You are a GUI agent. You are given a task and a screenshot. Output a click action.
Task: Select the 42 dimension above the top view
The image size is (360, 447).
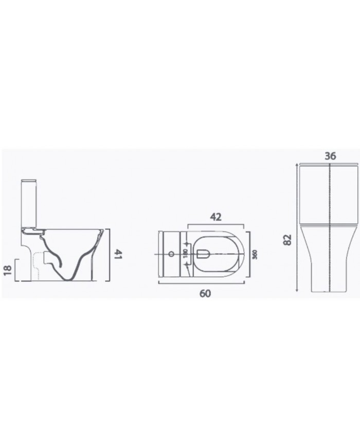tap(215, 217)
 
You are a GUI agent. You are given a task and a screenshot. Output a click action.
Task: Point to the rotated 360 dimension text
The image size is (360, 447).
tap(254, 255)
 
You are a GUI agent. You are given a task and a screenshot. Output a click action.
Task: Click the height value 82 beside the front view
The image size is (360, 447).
tap(287, 239)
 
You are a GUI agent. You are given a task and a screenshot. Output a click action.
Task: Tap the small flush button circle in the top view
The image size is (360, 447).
tap(170, 255)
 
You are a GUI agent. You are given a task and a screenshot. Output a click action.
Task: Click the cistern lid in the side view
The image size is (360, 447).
tap(29, 181)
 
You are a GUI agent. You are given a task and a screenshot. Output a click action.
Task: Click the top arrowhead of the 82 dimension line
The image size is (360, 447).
tap(297, 164)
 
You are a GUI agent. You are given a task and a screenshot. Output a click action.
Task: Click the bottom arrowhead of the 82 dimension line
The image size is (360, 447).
tap(297, 291)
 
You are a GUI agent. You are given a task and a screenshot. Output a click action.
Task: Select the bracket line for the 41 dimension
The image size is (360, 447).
tap(109, 254)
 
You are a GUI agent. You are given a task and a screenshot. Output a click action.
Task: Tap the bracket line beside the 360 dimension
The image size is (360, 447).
tap(249, 255)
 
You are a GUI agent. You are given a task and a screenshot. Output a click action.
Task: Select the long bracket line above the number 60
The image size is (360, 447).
tap(206, 283)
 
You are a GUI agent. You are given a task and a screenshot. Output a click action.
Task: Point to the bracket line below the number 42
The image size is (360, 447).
tap(215, 225)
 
